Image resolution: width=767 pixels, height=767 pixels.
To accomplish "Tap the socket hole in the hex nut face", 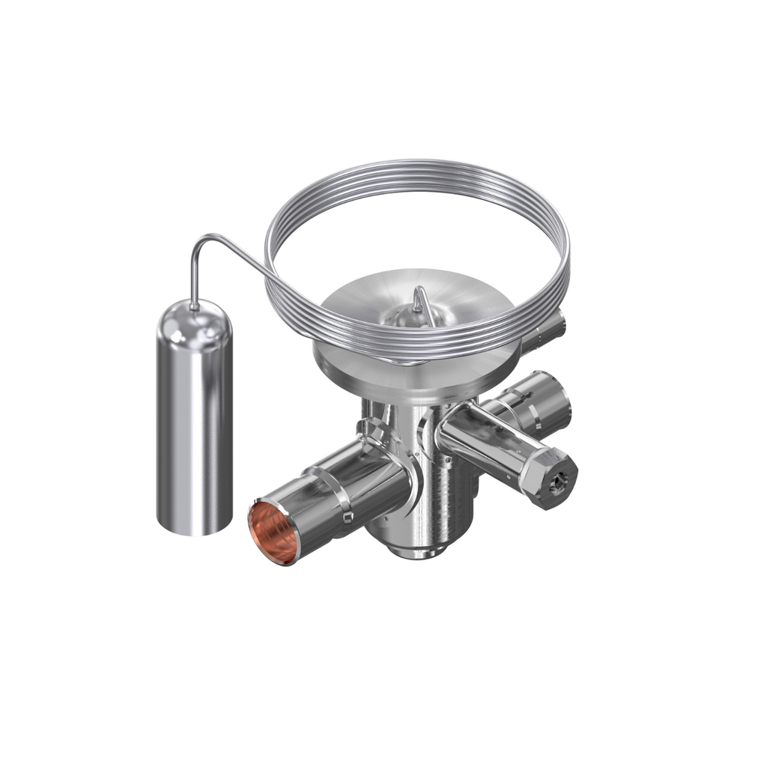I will [555, 486].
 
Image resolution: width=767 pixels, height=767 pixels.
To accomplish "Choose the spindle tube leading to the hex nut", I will [479, 442].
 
